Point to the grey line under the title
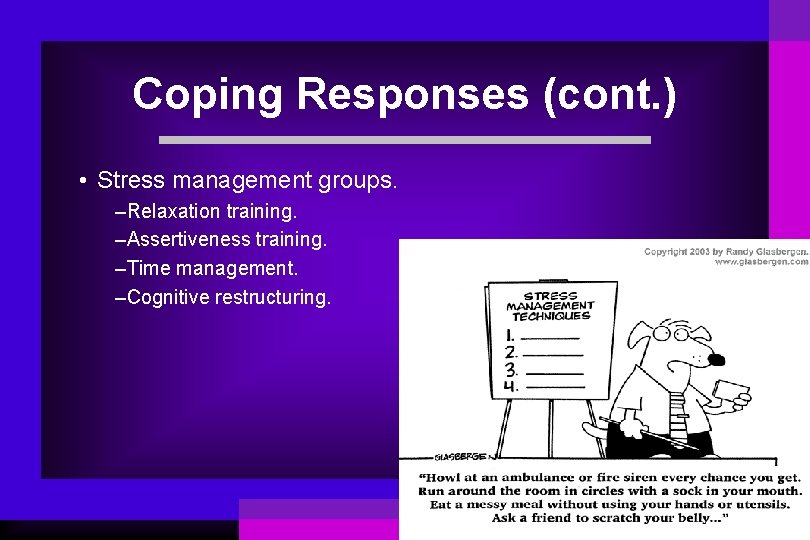tap(405, 140)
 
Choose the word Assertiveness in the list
tap(186, 240)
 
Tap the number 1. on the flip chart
tap(511, 336)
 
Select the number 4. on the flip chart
tap(511, 385)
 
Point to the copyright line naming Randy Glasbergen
tap(725, 251)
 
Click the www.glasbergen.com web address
tap(761, 262)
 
